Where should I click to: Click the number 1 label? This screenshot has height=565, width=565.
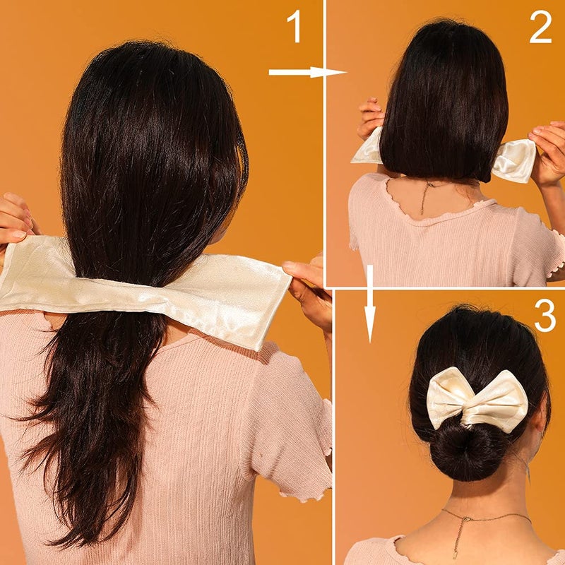(x=293, y=30)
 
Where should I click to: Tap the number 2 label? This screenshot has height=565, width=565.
(x=540, y=28)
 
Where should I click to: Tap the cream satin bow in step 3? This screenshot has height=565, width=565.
(x=477, y=398)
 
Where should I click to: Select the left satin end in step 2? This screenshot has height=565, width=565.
(x=369, y=148)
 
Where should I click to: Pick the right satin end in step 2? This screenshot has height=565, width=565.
(x=513, y=160)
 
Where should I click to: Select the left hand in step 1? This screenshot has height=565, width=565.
(x=16, y=222)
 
